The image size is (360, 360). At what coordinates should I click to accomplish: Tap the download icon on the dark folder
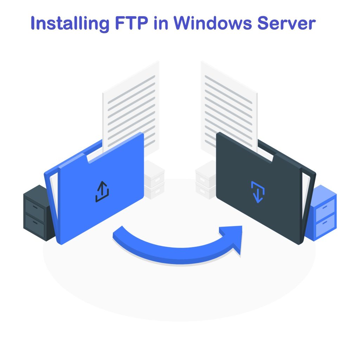click(258, 192)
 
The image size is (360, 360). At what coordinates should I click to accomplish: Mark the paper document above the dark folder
click(229, 102)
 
